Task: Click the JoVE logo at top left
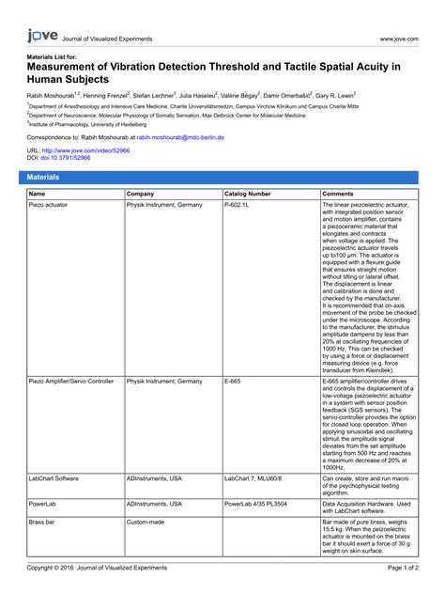[41, 36]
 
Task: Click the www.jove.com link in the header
[397, 39]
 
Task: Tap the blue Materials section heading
[43, 177]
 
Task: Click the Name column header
[38, 194]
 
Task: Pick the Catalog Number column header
[247, 194]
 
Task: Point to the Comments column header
[338, 194]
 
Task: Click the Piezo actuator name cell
[49, 204]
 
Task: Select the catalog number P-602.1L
[238, 204]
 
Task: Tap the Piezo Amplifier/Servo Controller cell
[71, 382]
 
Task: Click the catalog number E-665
[233, 382]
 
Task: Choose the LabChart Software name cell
[54, 478]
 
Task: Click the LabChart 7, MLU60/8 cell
[253, 478]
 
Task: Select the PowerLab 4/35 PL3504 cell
[255, 504]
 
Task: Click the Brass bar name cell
[42, 521]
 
